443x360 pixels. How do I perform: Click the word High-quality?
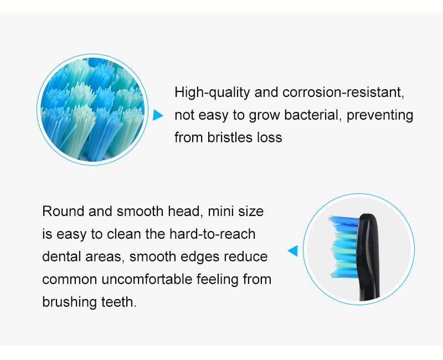212,92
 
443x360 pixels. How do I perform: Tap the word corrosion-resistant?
343,92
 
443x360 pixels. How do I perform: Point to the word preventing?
380,116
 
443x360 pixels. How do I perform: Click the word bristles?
230,137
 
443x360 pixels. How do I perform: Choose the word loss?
270,137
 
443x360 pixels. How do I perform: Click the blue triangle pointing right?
158,115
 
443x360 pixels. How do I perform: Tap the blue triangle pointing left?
293,251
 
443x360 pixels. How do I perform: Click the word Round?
63,211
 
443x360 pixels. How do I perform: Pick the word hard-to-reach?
212,234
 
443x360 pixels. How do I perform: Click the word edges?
200,257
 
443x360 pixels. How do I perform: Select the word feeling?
218,280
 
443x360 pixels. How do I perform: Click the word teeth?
119,302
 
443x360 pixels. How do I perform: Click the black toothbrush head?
368,256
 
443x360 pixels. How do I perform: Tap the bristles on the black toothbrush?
343,246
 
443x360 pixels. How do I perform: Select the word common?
70,280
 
